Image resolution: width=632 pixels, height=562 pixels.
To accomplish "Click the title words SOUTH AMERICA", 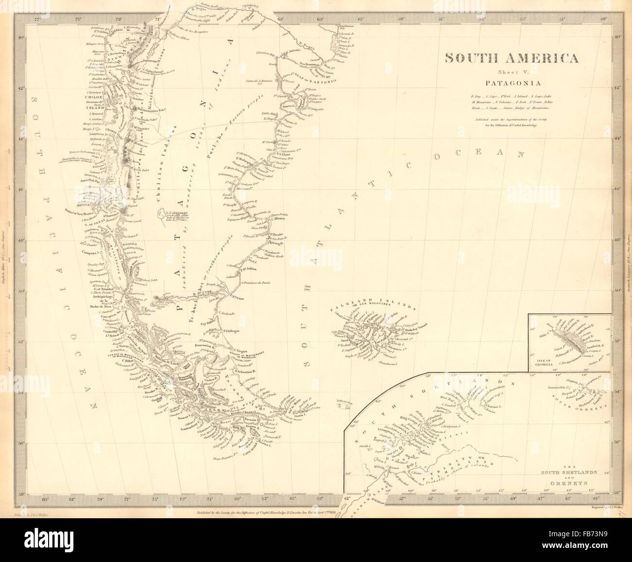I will tap(512, 58).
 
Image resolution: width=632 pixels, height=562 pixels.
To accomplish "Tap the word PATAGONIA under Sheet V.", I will tap(512, 82).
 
